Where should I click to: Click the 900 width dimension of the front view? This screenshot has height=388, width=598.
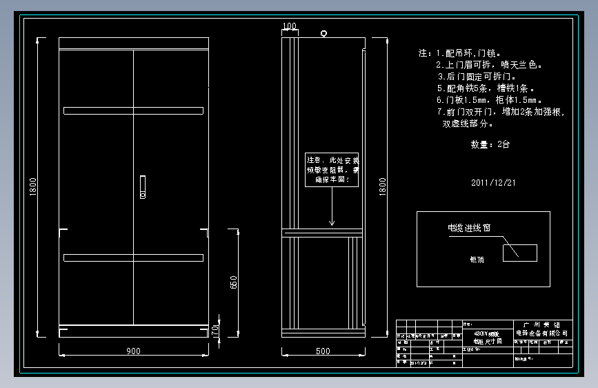tap(133, 351)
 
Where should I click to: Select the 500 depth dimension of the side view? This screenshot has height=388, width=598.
tap(322, 351)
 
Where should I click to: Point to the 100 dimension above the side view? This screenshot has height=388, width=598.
tap(290, 26)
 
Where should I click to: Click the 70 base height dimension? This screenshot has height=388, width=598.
tap(215, 332)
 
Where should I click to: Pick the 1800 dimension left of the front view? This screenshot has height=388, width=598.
tap(33, 186)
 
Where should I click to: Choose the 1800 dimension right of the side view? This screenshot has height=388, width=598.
tap(384, 186)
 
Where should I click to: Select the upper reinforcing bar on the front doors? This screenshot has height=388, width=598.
tap(133, 110)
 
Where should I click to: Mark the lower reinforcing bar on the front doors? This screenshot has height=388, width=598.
tap(133, 258)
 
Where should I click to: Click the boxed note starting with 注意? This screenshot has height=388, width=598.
tap(332, 169)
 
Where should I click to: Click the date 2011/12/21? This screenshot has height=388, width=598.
tap(493, 183)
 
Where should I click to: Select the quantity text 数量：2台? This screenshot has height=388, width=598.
tap(490, 145)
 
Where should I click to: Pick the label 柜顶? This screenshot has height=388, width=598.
tap(477, 260)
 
